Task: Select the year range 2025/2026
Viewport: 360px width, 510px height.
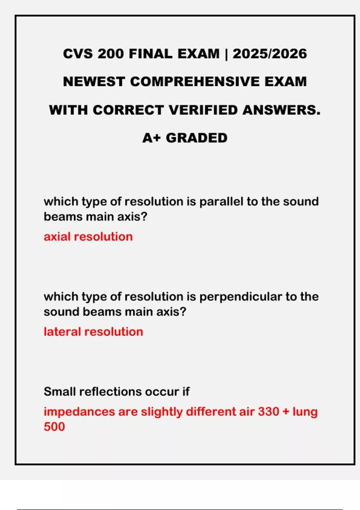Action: [270, 54]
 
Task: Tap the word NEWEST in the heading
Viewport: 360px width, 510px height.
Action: [94, 82]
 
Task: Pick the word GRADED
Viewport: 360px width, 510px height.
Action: [196, 138]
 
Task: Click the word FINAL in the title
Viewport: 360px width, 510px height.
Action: [150, 54]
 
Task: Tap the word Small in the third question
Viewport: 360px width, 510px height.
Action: [59, 391]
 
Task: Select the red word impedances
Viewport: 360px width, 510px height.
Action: [79, 412]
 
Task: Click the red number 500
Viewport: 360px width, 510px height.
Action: [54, 427]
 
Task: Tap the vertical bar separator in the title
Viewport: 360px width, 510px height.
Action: [226, 54]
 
